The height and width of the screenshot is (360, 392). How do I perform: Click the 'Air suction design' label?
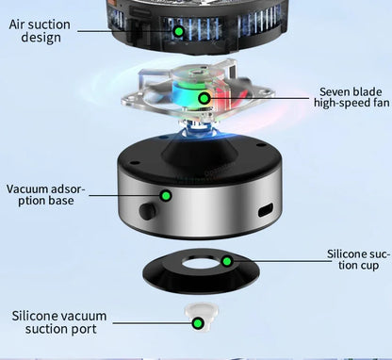(39, 30)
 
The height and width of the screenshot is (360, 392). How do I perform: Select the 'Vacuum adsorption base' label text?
(45, 196)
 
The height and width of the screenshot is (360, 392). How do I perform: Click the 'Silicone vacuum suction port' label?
(58, 321)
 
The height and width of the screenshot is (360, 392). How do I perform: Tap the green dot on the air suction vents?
(178, 31)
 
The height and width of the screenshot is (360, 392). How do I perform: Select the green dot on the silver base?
(166, 195)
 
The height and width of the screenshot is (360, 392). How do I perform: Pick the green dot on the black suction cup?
(226, 260)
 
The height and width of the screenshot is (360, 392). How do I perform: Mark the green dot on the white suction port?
(198, 323)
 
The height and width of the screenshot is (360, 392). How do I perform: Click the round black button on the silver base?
(147, 208)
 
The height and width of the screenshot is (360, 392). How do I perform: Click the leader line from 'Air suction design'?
(122, 31)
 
